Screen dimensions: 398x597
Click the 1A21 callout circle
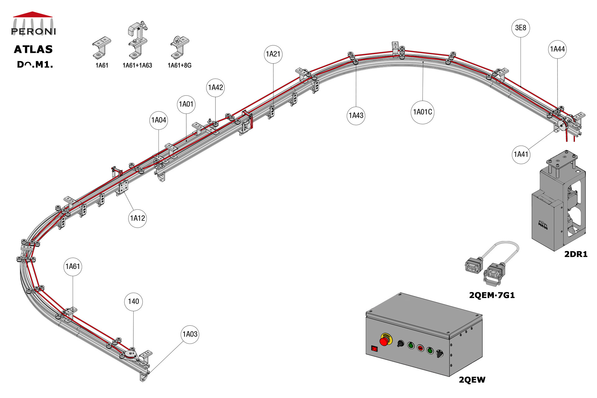(273, 54)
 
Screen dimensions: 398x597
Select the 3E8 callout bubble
(521, 28)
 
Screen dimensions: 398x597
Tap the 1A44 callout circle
(557, 49)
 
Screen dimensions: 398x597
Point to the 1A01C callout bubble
(422, 112)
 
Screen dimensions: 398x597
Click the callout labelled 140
(133, 302)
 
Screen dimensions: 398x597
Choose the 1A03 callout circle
(190, 334)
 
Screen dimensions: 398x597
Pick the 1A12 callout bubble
(137, 218)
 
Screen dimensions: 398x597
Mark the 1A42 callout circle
(215, 88)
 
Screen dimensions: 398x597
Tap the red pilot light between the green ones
(420, 348)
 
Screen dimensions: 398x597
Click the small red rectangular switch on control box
(375, 349)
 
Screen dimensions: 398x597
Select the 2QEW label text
(472, 380)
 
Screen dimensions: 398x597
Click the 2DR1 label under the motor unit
(576, 254)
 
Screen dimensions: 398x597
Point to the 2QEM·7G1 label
(492, 295)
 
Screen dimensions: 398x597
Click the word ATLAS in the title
(33, 49)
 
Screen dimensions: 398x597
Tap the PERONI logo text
(33, 31)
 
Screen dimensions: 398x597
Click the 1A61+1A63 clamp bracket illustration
(137, 40)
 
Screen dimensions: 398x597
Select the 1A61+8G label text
(179, 65)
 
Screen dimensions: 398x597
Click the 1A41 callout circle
(521, 155)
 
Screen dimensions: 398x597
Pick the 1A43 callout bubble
(356, 116)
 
